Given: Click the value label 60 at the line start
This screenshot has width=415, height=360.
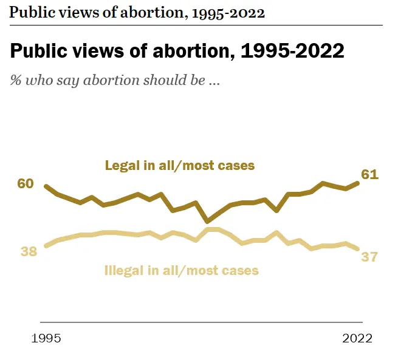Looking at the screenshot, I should (x=26, y=184).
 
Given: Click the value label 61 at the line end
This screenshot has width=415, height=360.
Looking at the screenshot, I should (x=370, y=175).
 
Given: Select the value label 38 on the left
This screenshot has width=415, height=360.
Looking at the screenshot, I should (x=29, y=251).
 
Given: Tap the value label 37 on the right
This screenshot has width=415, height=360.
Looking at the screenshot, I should (x=369, y=257).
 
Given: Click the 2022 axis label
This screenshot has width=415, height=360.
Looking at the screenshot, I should (x=356, y=338).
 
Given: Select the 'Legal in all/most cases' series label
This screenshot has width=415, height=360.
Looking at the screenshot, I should (x=179, y=165).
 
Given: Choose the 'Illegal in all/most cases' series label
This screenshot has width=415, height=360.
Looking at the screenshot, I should (x=182, y=270).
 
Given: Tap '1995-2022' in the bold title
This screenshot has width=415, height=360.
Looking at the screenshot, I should (x=293, y=51).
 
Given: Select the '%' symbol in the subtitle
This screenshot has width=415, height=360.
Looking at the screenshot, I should (x=16, y=80).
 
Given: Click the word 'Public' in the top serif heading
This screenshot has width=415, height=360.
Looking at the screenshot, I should (x=29, y=13).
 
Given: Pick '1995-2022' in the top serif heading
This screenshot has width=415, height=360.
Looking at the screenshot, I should (x=228, y=13).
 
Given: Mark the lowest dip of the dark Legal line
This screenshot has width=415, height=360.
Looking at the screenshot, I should (x=208, y=221).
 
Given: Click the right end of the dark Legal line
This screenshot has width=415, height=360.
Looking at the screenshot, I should (x=358, y=182).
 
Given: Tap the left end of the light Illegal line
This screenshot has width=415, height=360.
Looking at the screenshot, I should (x=46, y=246).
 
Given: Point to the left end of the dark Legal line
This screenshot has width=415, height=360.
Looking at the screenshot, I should (x=46, y=186).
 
